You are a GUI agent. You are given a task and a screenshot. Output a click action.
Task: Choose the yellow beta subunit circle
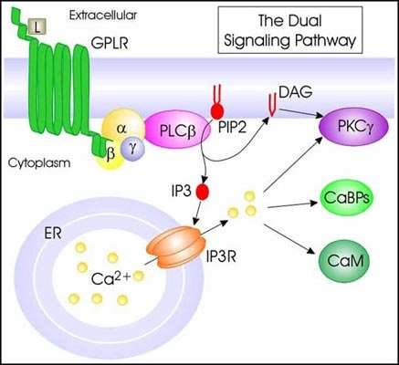(x=110, y=151)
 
